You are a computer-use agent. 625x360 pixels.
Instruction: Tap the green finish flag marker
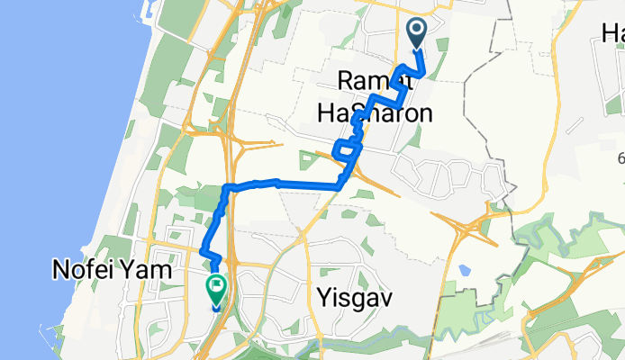(216, 288)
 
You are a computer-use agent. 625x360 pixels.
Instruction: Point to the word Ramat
(374, 82)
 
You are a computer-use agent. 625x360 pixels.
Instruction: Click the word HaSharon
(374, 112)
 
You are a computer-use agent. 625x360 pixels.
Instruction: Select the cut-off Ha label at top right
(612, 34)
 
